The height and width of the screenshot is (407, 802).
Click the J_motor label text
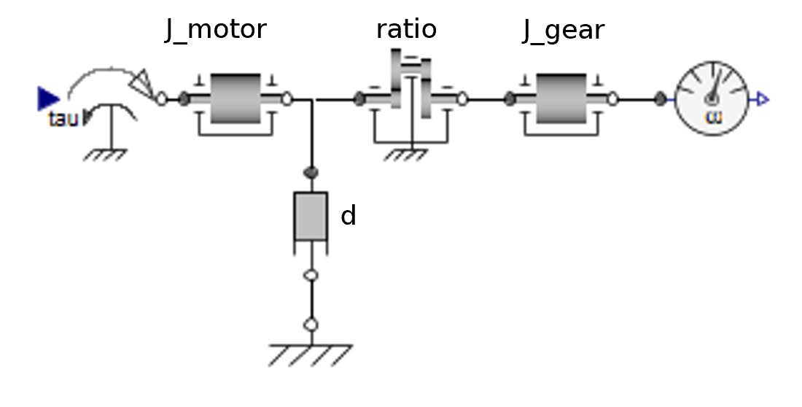(x=216, y=31)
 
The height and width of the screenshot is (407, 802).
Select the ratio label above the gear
(x=406, y=29)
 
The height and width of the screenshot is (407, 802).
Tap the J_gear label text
(x=564, y=31)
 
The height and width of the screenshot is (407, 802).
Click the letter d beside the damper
(x=349, y=216)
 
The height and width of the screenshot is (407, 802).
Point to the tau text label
(x=63, y=119)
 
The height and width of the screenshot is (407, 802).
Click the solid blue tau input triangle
(x=47, y=98)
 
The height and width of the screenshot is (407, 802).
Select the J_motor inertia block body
(x=235, y=98)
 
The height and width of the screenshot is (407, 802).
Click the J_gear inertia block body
(x=561, y=98)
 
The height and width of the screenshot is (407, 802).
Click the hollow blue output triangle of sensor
(x=763, y=99)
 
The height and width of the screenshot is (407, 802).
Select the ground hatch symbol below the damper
(x=311, y=354)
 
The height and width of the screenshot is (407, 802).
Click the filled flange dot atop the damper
(x=311, y=172)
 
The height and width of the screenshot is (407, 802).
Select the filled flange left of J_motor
(x=184, y=98)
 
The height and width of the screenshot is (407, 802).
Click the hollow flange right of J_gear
(x=613, y=98)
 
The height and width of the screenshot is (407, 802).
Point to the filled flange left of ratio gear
(x=359, y=98)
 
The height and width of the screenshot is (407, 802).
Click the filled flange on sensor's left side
(x=661, y=98)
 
